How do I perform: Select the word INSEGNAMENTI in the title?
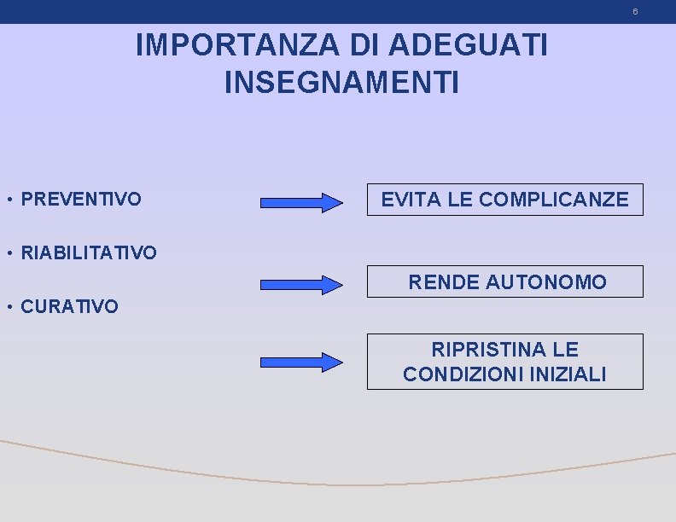[341, 83]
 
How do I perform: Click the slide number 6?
[635, 12]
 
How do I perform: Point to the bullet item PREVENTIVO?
[81, 200]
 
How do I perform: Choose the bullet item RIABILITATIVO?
[88, 252]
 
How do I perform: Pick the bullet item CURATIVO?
[70, 306]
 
